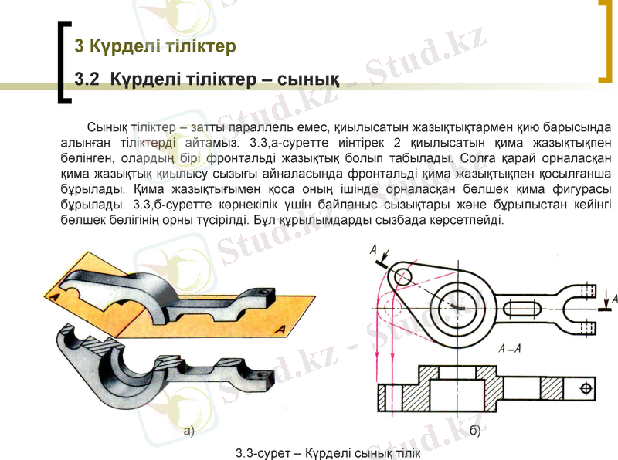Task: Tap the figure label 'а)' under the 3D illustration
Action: (x=188, y=430)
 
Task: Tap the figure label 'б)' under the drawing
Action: (x=474, y=430)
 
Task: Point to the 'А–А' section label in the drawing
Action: (x=509, y=348)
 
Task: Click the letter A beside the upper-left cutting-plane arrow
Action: (x=374, y=249)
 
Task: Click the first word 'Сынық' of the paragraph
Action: (x=108, y=127)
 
